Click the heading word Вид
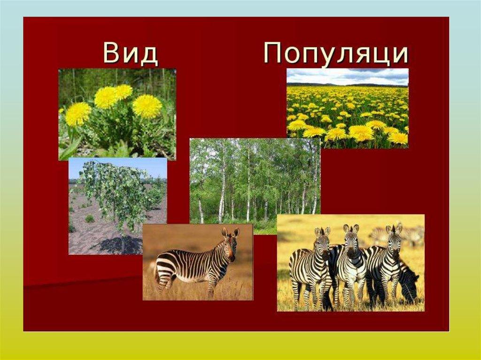point(131,53)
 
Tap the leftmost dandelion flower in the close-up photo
point(78,114)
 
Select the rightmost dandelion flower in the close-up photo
point(147,106)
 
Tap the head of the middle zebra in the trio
point(351,242)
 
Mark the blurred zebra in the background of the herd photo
point(399,235)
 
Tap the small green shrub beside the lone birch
point(90,219)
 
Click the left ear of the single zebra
point(225,232)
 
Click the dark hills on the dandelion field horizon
point(347,84)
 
